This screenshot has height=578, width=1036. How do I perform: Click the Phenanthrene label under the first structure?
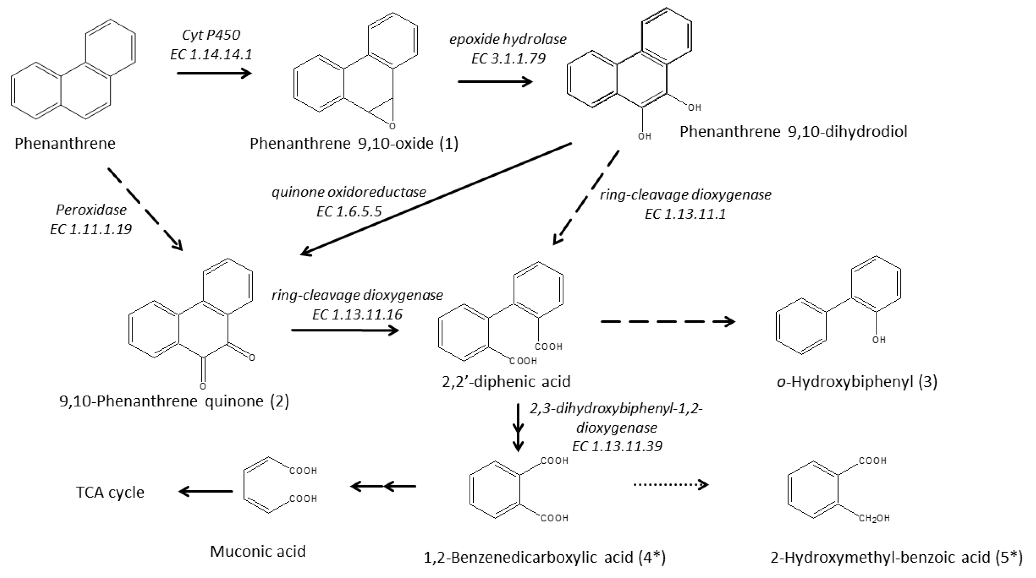pos(65,144)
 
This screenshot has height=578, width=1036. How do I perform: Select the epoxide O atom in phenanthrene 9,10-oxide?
pos(392,126)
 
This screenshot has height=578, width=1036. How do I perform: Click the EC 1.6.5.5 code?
pos(349,211)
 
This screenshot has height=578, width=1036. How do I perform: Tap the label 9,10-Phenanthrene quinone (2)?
pos(174,401)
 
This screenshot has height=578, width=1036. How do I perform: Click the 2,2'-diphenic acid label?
pos(506,381)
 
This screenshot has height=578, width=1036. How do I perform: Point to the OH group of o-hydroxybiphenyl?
pos(879,340)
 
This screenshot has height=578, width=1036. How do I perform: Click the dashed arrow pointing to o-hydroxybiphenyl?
pos(667,322)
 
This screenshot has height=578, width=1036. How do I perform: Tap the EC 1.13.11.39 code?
pos(617,446)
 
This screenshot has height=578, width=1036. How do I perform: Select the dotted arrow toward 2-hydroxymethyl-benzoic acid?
pos(671,485)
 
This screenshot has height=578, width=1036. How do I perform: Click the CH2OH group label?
pos(874,519)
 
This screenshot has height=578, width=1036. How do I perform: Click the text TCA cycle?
pos(110,492)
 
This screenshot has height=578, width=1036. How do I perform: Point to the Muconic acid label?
pos(258,551)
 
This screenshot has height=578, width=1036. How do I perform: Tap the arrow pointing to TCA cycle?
pos(206,491)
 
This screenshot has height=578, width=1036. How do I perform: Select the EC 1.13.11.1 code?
pos(685,214)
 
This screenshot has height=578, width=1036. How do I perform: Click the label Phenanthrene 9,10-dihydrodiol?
pos(793,132)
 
